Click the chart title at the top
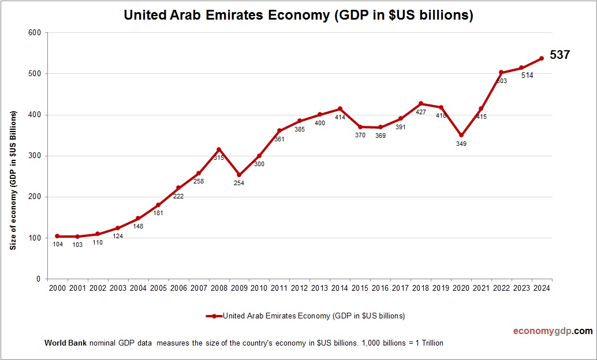tap(298, 16)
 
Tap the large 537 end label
tap(559, 55)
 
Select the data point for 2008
tap(219, 149)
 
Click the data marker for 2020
tap(461, 136)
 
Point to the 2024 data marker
tap(542, 58)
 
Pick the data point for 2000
tap(57, 236)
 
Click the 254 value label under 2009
tap(239, 183)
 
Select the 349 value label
tap(461, 144)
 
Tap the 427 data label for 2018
tap(421, 112)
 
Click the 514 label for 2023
tap(527, 75)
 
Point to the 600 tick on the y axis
tap(34, 32)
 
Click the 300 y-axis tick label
tap(34, 156)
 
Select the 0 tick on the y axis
tap(38, 279)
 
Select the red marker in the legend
tap(214, 316)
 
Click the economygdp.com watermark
tap(553, 331)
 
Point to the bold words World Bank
tap(65, 343)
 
